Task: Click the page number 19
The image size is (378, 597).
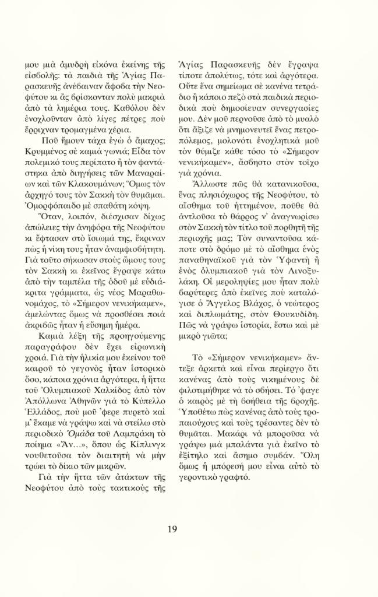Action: click(172, 529)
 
